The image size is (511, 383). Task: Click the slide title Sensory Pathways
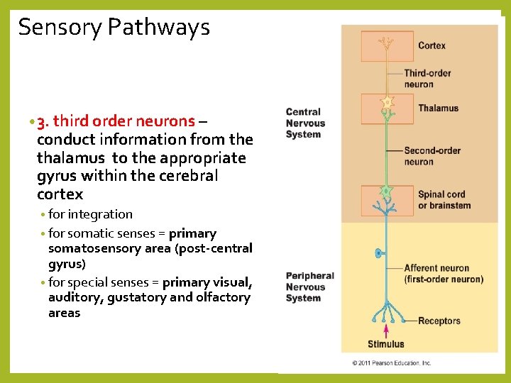coord(114,27)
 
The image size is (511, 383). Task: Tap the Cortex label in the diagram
coord(432,45)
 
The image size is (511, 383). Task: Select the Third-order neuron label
coord(427,79)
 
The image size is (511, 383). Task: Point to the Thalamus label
coord(438,108)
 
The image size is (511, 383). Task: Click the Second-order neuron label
coord(432,156)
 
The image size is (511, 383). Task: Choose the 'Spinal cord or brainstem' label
coord(444,200)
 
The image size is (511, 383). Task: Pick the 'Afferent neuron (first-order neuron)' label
coord(443,274)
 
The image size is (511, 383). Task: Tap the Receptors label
coord(439,321)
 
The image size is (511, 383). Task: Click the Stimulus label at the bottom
coord(386,345)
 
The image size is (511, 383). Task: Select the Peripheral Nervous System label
coord(309,287)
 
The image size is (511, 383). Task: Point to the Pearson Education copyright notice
coord(392,363)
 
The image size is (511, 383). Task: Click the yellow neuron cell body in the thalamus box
coord(387,104)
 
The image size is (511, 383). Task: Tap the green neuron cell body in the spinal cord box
coord(386,191)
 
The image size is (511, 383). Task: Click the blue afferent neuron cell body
coord(378,252)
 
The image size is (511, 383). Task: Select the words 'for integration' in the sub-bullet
coord(90,214)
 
